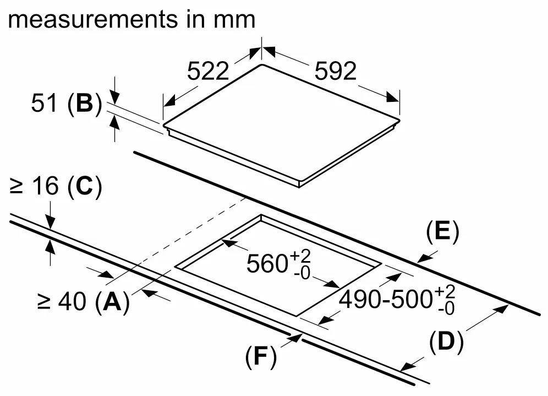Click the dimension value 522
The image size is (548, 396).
coord(208,71)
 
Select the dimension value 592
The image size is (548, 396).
coord(335,71)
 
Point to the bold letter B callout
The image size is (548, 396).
coord(85,104)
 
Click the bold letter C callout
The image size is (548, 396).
coord(84,188)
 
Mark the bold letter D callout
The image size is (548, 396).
coord(446,343)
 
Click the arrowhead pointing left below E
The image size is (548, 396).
coord(424,257)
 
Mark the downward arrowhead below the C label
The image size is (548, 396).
coord(50,222)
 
